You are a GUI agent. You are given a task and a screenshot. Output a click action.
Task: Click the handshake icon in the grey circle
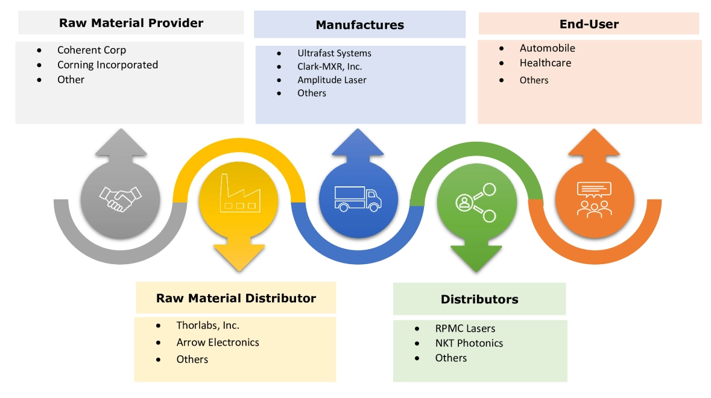(120, 198)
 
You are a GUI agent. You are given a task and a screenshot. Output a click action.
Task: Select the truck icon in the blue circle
(358, 198)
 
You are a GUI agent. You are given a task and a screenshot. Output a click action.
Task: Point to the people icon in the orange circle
(594, 199)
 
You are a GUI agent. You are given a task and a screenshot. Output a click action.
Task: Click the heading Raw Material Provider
(131, 23)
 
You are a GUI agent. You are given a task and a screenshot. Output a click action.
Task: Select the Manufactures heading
(359, 25)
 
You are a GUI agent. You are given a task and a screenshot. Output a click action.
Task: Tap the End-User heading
(589, 24)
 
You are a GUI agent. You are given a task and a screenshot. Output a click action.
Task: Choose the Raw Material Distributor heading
(236, 298)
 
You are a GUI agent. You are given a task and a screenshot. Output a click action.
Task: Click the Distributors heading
(479, 299)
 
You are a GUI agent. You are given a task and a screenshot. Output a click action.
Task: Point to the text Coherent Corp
(92, 50)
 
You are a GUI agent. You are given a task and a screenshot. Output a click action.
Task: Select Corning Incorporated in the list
(107, 65)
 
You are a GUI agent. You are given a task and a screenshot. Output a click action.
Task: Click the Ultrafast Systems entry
(334, 53)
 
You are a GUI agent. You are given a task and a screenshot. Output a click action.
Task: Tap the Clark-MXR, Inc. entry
(329, 66)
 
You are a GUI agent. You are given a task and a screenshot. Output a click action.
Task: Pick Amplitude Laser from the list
(332, 80)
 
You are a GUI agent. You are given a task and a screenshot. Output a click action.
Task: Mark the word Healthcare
(545, 63)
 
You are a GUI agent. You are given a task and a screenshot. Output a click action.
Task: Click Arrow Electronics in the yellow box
(218, 342)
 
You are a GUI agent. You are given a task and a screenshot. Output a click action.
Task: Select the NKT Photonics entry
(469, 343)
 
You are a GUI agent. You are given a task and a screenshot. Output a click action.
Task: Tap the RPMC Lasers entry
(465, 329)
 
